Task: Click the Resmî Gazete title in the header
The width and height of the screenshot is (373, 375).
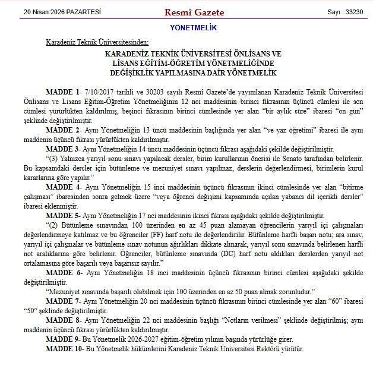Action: click(x=186, y=12)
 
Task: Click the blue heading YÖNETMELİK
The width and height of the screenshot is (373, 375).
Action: click(x=185, y=28)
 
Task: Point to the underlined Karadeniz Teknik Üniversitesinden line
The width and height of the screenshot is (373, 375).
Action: click(x=97, y=42)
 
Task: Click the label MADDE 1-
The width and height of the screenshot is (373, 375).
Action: click(x=62, y=93)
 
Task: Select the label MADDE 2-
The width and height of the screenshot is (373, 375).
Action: click(x=62, y=129)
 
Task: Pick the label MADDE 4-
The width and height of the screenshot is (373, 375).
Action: click(x=62, y=185)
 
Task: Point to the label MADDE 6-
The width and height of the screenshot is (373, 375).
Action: click(x=62, y=272)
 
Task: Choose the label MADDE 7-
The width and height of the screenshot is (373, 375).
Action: click(x=62, y=301)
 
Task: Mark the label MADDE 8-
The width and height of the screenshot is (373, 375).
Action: click(x=62, y=319)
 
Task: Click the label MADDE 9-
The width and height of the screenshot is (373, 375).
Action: click(x=62, y=338)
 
